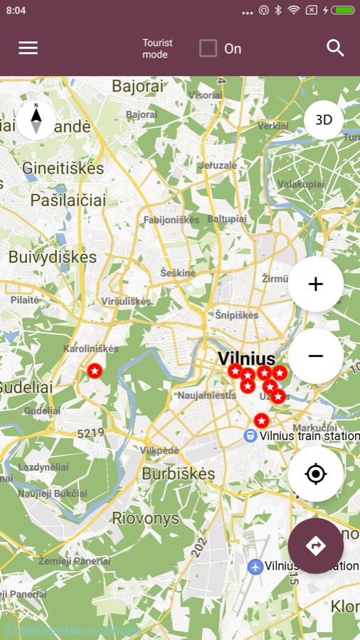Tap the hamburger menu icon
click(x=28, y=48)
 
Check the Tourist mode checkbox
click(x=208, y=48)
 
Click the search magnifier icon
click(x=335, y=48)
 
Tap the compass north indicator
click(x=36, y=119)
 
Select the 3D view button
click(x=324, y=120)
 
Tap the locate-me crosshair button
click(x=316, y=474)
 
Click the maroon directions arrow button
click(x=316, y=545)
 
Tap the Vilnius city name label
click(x=246, y=358)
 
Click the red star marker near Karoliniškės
click(x=95, y=370)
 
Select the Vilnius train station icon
click(x=250, y=435)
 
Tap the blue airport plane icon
click(x=255, y=567)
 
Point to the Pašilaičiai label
click(x=68, y=201)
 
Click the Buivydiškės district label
click(x=52, y=257)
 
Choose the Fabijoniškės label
click(x=171, y=220)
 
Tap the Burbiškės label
click(x=178, y=474)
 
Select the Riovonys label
click(x=145, y=518)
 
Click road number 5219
click(x=90, y=432)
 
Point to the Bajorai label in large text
click(x=137, y=87)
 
